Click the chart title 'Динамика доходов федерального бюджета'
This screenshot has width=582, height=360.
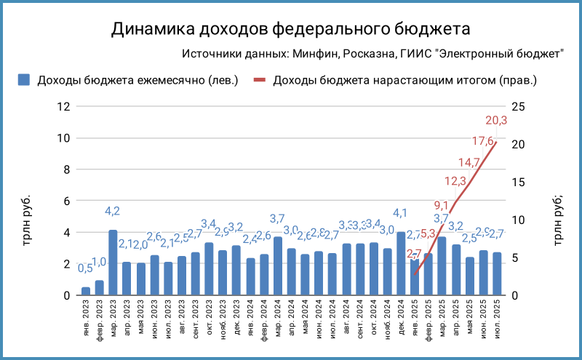point(290,29)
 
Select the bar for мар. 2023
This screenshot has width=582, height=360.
point(113,263)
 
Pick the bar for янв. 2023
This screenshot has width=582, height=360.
point(86,291)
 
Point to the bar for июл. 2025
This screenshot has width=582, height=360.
point(497,274)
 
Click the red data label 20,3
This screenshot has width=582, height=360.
point(496,121)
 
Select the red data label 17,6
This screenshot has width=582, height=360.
point(483,141)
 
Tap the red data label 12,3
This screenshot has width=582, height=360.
point(455,181)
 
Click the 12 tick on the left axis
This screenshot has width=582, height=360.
point(63,106)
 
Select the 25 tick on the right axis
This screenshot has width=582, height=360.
point(518,106)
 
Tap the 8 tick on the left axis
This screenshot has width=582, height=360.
point(66,169)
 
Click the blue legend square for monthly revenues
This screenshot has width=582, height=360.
point(24,79)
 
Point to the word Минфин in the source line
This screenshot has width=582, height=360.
point(315,54)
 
